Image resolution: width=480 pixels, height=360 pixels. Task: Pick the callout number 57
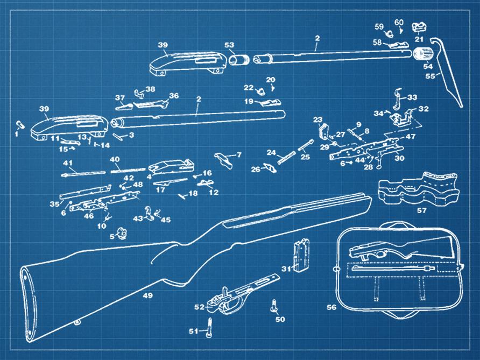coord(422,210)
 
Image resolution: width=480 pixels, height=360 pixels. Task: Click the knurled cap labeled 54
coord(424,53)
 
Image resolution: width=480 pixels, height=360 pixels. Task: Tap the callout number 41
coord(68,163)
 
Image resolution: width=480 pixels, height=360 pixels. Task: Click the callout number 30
coord(399,158)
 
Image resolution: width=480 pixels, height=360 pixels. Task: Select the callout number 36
coord(173,96)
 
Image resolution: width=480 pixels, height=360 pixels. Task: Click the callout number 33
coord(412,97)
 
